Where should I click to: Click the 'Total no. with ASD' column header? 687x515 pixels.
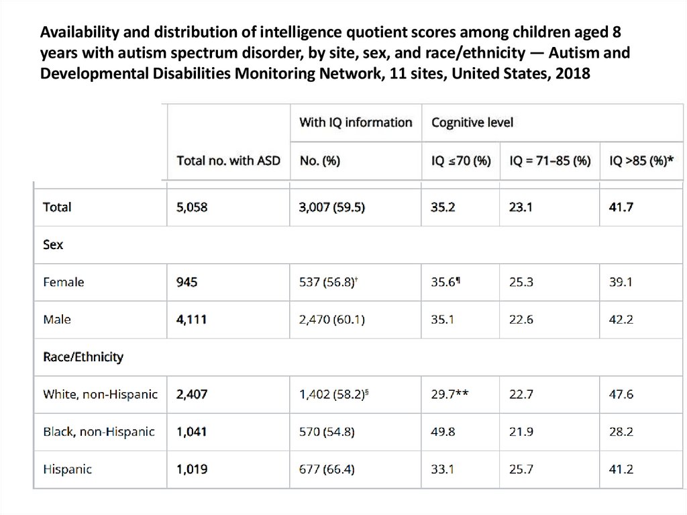(228, 161)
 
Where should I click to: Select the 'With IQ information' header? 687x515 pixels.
(356, 122)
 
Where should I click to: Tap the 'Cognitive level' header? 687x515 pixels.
(473, 122)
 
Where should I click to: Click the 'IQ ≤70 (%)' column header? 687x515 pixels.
(461, 161)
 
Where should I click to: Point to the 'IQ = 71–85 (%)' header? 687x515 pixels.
(550, 161)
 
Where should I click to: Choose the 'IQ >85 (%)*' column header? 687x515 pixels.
(640, 161)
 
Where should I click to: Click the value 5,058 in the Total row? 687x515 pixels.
(192, 207)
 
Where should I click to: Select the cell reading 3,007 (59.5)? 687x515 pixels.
(332, 207)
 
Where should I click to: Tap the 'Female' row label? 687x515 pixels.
(63, 283)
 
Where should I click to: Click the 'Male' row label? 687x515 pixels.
(57, 320)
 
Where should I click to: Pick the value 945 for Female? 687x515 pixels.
(187, 283)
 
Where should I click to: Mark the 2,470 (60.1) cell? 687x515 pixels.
(332, 320)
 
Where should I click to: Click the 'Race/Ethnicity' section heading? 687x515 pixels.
(83, 357)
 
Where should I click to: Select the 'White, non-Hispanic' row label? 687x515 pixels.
(100, 395)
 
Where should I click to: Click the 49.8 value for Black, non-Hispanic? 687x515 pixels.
(443, 432)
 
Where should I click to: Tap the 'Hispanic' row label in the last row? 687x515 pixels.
(66, 469)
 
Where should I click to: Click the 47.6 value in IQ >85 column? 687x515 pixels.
(621, 395)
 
